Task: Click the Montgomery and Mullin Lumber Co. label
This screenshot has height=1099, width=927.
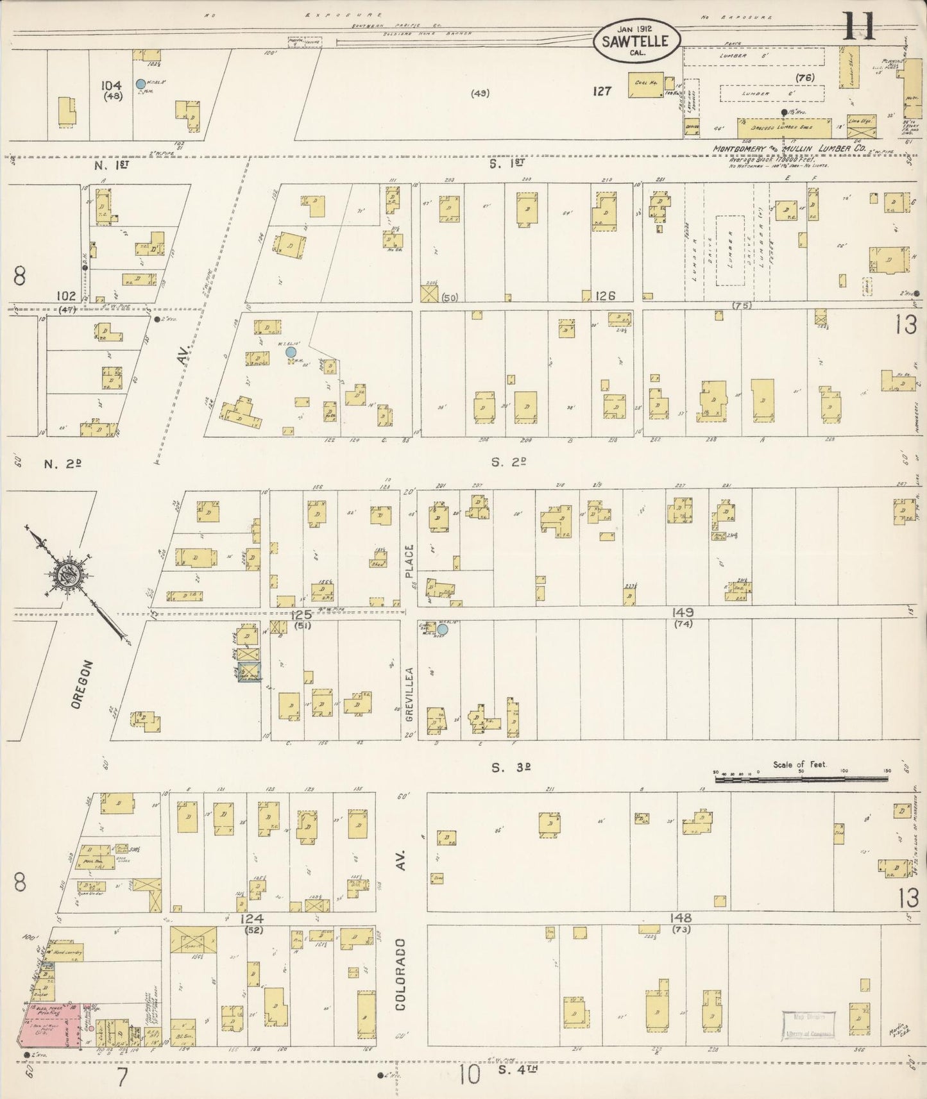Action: coord(789,149)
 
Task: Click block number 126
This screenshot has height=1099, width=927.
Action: coord(605,296)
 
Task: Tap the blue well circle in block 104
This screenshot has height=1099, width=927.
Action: coord(140,83)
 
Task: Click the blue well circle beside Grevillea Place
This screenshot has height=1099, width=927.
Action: coord(443,630)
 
